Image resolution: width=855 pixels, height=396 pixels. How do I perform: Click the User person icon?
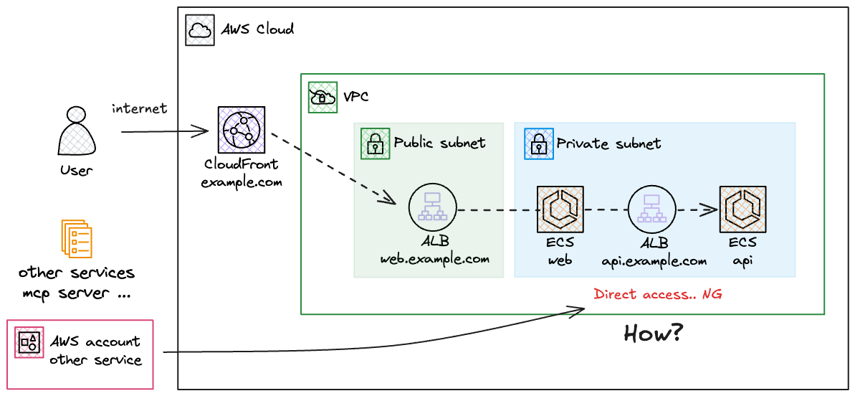77,133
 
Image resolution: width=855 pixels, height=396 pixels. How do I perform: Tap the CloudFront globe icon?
241,131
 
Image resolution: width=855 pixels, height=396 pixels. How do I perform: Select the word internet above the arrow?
139,109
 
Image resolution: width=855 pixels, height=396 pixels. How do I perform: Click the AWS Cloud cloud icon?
199,30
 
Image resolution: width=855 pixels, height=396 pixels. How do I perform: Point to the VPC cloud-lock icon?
322,96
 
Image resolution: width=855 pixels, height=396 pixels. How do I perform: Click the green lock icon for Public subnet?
374,143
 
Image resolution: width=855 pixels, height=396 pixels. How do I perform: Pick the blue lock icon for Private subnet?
538,143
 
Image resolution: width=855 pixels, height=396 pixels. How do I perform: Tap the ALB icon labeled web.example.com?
433,209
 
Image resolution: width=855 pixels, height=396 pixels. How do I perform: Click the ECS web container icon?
560,209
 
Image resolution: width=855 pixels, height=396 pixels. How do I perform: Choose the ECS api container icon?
742,209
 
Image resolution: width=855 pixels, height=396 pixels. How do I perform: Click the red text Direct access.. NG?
657,294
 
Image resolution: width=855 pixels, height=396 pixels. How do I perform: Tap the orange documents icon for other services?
76,239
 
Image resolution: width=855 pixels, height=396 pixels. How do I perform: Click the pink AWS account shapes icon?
29,343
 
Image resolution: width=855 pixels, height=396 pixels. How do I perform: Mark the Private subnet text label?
608,143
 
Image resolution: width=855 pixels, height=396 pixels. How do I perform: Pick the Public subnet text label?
439,143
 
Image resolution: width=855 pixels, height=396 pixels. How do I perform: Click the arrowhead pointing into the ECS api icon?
712,209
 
